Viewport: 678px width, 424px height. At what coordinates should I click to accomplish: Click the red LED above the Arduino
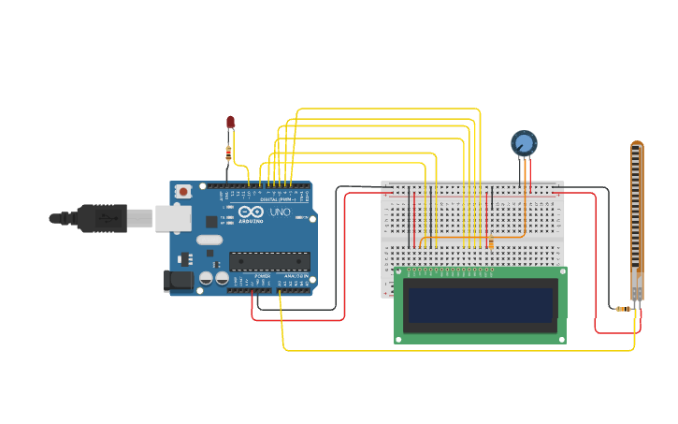pos(230,122)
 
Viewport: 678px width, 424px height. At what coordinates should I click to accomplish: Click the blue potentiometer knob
pos(524,143)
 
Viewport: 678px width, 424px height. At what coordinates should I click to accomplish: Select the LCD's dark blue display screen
pos(481,303)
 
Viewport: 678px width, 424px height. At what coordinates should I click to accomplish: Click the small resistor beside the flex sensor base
pos(622,308)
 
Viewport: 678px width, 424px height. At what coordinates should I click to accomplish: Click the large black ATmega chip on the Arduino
pos(269,261)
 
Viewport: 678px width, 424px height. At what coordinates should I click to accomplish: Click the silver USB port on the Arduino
pos(173,218)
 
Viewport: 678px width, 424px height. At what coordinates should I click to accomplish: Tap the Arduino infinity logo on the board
pos(250,212)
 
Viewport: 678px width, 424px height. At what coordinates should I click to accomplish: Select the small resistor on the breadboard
pos(490,242)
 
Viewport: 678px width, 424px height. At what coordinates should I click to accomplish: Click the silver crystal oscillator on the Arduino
pos(209,240)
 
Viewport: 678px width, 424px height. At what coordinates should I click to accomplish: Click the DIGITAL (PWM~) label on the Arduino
pos(278,199)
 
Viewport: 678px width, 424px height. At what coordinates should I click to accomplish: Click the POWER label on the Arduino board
pos(263,276)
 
